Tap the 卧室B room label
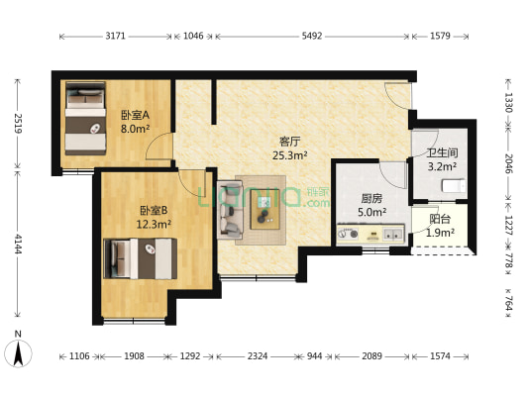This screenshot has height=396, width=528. [153, 210]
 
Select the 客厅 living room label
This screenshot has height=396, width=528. [290, 141]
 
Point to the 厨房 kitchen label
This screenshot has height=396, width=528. [372, 198]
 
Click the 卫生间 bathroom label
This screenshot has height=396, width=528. [442, 152]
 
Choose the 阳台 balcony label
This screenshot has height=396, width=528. [441, 220]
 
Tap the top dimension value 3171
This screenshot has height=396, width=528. [116, 36]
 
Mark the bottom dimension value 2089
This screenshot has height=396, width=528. [372, 354]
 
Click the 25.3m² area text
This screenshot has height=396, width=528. [290, 155]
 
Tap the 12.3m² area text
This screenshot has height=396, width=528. [153, 225]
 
